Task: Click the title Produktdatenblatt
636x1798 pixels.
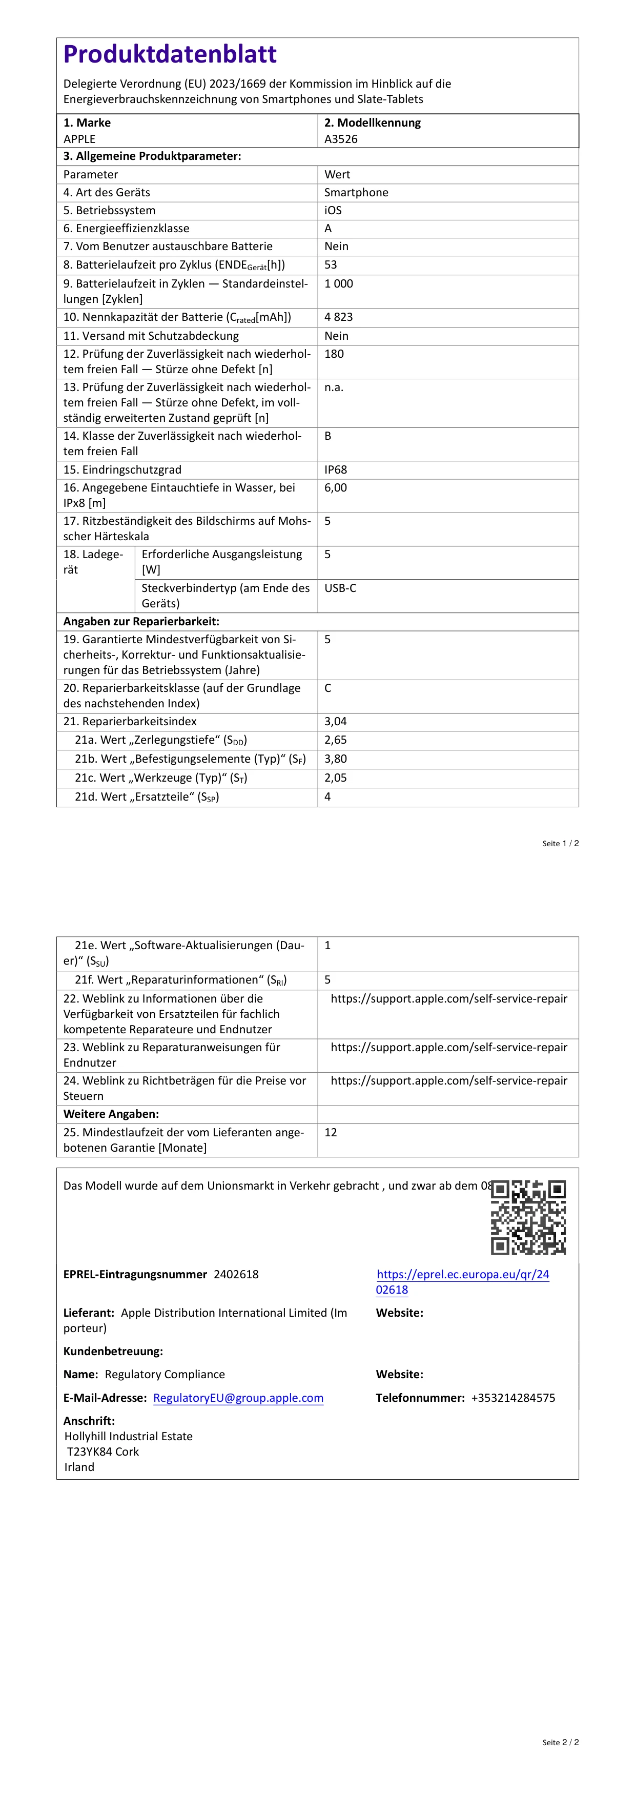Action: tap(170, 54)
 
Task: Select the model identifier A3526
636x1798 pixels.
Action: tap(341, 139)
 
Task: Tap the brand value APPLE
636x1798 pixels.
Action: tap(79, 139)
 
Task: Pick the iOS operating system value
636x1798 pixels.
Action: tap(333, 210)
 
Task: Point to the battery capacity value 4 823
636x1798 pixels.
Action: tap(339, 317)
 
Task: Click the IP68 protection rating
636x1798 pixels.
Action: tap(336, 469)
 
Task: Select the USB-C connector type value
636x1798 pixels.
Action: tap(340, 588)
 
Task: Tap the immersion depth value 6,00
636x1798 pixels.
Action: tap(336, 488)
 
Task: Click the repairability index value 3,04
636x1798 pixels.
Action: tap(336, 721)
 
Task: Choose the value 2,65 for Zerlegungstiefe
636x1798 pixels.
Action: tap(336, 740)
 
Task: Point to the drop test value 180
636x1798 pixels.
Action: tap(335, 354)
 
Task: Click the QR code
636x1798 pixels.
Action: tap(528, 1217)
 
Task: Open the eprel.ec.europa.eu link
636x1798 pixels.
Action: tap(462, 1281)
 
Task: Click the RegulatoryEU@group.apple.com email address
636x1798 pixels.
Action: tap(238, 1397)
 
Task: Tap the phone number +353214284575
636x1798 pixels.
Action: tap(513, 1397)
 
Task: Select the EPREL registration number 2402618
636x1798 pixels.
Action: tap(236, 1274)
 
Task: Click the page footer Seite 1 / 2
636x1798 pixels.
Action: tap(560, 843)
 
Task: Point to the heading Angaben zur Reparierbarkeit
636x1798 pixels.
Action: tap(141, 621)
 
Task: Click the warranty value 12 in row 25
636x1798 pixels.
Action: tap(331, 1132)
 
